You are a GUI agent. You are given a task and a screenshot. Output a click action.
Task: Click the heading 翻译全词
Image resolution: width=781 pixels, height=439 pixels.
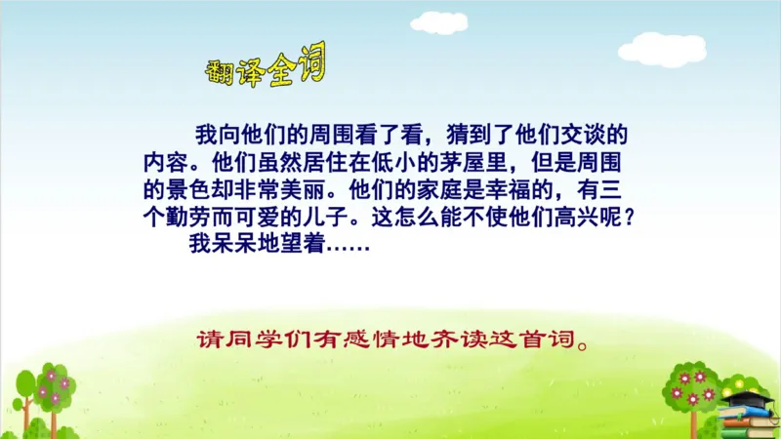[x=265, y=71]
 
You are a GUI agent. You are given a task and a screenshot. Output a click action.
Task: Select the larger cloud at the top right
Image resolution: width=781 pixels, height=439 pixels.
[x=662, y=48]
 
